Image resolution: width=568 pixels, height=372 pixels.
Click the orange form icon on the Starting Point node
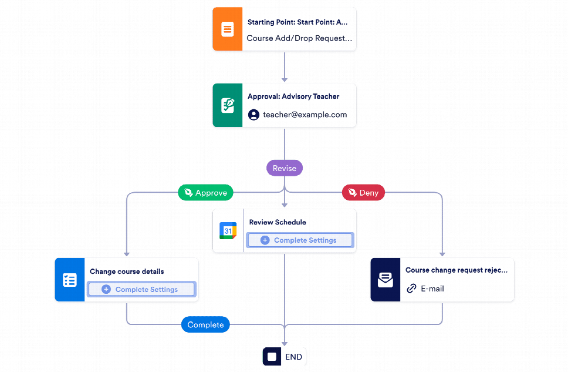[x=227, y=29]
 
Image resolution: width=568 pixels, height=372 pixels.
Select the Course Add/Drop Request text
[x=299, y=38]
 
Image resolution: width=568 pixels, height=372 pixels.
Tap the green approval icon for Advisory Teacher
[x=227, y=105]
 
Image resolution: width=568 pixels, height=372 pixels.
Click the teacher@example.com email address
[x=305, y=115]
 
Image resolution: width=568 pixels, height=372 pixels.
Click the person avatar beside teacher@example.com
[x=253, y=115]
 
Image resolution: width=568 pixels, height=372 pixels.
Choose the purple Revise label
[x=285, y=168]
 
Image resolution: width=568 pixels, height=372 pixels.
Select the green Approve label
[x=206, y=193]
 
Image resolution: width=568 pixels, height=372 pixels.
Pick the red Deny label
[x=363, y=193]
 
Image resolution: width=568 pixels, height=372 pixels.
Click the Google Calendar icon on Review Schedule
[x=228, y=231]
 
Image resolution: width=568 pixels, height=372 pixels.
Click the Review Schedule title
[x=278, y=222]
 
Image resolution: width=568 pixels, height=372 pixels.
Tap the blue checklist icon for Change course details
[x=69, y=280]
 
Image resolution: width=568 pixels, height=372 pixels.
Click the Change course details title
[x=127, y=272]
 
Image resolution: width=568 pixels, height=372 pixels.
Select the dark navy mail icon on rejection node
[x=385, y=280]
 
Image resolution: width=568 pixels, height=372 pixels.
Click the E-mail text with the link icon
[x=432, y=289]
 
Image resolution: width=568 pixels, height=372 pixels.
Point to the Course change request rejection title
[x=456, y=270]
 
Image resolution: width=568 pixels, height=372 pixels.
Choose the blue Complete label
[x=205, y=324]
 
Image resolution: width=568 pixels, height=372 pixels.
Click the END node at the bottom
[x=285, y=357]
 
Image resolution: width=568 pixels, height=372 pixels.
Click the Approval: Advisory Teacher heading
[x=293, y=96]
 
